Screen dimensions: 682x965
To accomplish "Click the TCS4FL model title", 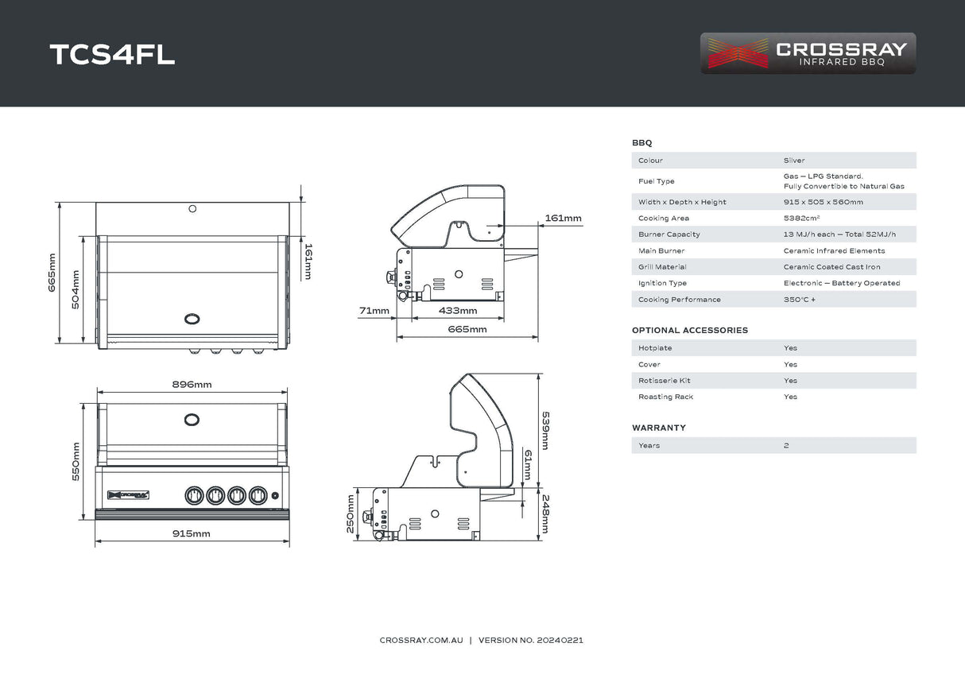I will [112, 54].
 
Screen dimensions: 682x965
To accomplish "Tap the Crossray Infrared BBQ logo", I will [808, 53].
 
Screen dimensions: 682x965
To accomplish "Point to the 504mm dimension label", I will [76, 289].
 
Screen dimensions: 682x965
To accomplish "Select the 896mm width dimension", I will [192, 385].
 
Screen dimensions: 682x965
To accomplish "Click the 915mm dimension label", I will [192, 533].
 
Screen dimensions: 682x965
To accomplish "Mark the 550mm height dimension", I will [76, 461].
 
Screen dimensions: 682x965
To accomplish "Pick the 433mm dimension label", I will [458, 311].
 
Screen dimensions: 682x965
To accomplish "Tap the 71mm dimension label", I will [374, 311].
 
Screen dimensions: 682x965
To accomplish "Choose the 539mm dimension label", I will [545, 430].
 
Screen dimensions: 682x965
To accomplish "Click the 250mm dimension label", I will [351, 514].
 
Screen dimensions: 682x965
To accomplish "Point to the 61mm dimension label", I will [526, 465].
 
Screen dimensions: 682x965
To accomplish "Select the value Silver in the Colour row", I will [793, 161].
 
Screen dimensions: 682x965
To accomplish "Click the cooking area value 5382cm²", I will [801, 219].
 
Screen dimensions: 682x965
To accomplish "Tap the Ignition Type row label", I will [662, 284].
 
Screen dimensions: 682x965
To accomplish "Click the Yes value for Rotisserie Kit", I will [790, 381].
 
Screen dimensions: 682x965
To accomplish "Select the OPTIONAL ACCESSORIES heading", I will [689, 331].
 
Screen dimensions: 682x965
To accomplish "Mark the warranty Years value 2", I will [786, 446].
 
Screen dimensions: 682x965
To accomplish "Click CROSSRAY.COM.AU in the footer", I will [420, 640].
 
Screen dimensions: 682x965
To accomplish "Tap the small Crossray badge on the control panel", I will [129, 494].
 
